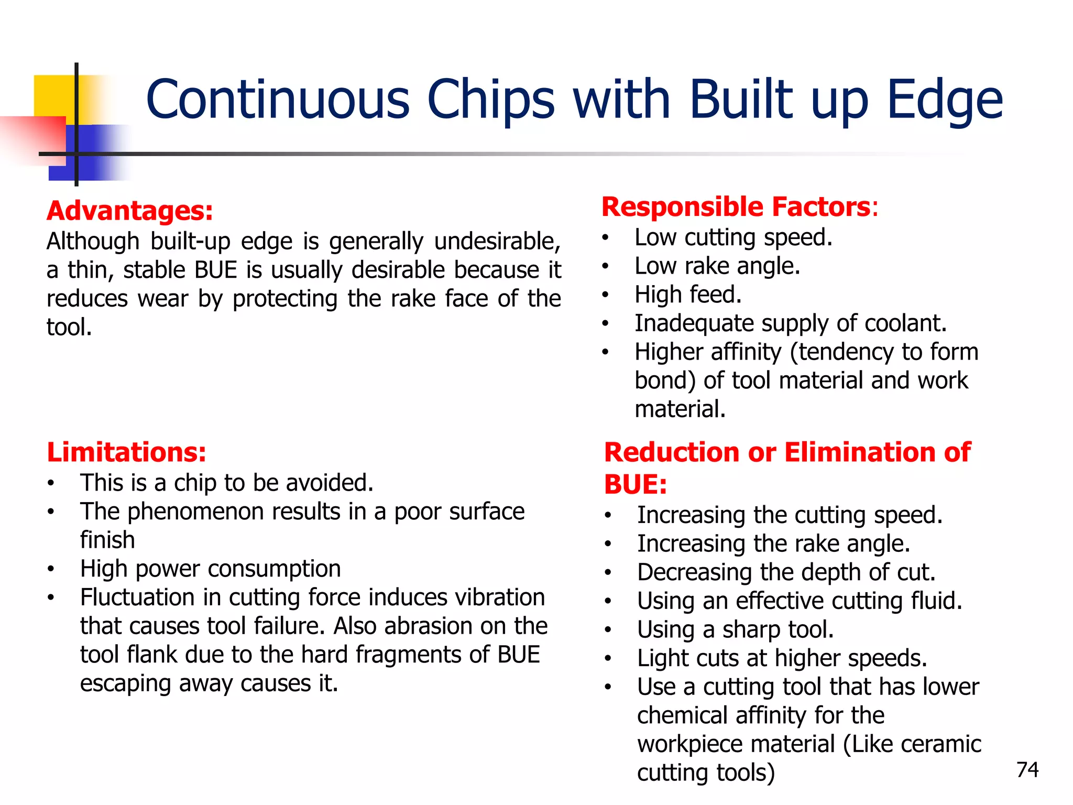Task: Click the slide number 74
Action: tap(1027, 769)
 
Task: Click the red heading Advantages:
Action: tap(130, 211)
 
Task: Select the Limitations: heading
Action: tap(126, 452)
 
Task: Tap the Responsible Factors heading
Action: tap(736, 206)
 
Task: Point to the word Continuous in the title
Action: tap(278, 100)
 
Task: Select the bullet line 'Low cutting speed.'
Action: tap(733, 237)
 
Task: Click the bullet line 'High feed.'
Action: tap(688, 295)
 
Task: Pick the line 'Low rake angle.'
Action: tap(717, 266)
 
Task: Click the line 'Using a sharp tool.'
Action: tap(735, 629)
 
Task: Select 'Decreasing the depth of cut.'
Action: tap(786, 572)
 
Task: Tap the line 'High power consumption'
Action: tap(210, 569)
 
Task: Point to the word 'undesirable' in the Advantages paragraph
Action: tap(497, 242)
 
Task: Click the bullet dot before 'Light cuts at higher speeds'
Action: tap(608, 658)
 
